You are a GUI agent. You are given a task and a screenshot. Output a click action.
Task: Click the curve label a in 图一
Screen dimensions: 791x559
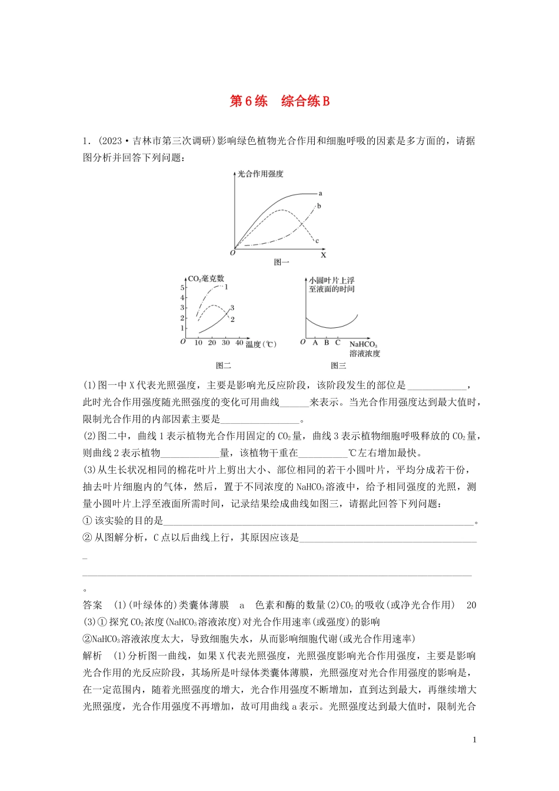[320, 193]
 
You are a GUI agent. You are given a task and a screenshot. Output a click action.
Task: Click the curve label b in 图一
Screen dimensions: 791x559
[319, 206]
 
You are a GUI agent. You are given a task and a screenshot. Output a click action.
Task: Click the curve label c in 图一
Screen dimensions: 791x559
[317, 241]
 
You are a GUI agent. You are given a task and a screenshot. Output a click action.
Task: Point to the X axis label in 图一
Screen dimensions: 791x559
[323, 255]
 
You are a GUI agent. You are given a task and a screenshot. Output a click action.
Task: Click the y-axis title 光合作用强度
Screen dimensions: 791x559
[260, 174]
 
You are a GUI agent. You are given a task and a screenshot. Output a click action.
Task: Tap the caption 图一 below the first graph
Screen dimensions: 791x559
[282, 262]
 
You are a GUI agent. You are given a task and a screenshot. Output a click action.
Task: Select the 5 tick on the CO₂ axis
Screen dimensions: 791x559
[182, 288]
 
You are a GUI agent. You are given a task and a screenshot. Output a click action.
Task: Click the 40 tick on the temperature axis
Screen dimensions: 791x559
[239, 343]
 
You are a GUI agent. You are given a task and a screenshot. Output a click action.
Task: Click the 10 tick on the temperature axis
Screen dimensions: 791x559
[198, 343]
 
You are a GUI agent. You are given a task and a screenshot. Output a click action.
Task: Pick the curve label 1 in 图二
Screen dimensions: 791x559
[226, 287]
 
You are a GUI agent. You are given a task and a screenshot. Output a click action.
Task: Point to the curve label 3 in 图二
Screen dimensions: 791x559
[232, 308]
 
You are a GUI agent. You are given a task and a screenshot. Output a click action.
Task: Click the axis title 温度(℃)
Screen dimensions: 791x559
[261, 344]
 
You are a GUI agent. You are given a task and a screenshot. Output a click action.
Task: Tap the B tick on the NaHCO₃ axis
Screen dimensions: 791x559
[327, 343]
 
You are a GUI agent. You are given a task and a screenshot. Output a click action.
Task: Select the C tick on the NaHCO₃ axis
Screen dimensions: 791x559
[338, 343]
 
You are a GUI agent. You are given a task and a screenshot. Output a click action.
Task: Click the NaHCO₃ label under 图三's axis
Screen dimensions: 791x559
[363, 345]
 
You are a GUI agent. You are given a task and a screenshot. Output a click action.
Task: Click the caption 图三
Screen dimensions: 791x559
[338, 366]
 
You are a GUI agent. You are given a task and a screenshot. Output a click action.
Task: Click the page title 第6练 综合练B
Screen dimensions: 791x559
[279, 101]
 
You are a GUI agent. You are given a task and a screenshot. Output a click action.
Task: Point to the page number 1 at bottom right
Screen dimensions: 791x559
[474, 740]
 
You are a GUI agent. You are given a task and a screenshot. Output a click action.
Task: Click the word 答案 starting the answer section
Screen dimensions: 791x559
[93, 605]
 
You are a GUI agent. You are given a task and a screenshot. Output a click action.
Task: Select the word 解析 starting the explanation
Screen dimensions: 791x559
[93, 656]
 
